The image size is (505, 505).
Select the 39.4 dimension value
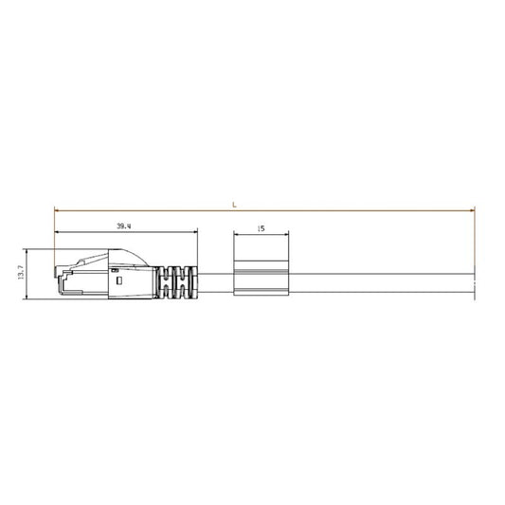tap(124, 226)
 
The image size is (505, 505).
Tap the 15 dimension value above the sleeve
tap(260, 228)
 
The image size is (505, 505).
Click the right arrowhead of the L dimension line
tap(468, 209)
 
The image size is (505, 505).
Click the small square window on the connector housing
tap(118, 279)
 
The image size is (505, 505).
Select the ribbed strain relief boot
tap(177, 281)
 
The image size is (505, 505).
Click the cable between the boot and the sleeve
tap(216, 281)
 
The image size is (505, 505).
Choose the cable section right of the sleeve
tap(379, 281)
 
